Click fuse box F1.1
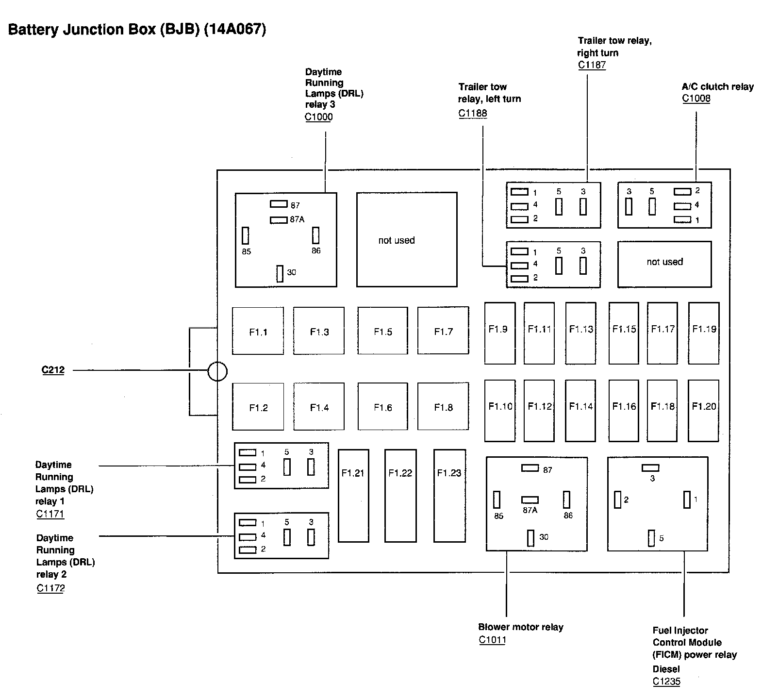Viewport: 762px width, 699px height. click(258, 331)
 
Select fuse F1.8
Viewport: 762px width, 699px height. click(443, 407)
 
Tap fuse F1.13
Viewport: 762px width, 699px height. click(581, 333)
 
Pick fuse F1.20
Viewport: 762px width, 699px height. click(704, 410)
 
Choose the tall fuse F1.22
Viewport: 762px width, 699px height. click(400, 495)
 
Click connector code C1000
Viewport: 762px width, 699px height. click(319, 117)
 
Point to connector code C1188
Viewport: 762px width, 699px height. click(473, 114)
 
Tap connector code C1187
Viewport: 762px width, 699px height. click(592, 65)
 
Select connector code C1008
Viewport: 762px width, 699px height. click(696, 99)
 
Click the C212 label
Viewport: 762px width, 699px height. click(53, 370)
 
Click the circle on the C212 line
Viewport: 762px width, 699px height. click(217, 372)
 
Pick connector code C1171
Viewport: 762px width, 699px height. click(50, 514)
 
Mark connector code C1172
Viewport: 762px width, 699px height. click(50, 588)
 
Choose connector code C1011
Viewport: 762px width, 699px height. click(492, 640)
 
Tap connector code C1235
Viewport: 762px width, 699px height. click(666, 682)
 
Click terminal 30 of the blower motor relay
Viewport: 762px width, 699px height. click(530, 538)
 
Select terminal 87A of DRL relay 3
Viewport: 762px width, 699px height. click(279, 220)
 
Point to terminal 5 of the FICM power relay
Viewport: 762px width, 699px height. click(651, 538)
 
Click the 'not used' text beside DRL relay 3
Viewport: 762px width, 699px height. click(397, 240)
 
